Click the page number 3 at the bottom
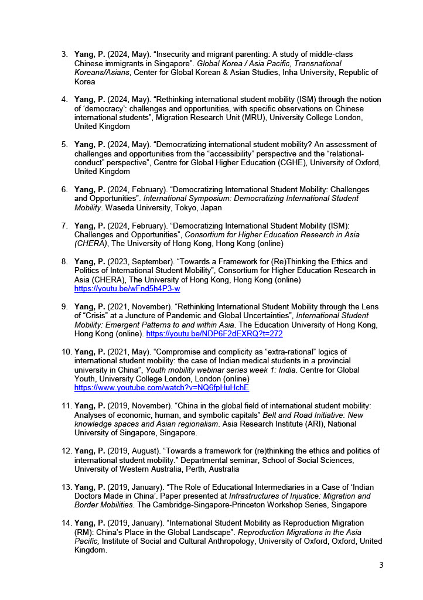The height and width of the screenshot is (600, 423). pyautogui.click(x=381, y=565)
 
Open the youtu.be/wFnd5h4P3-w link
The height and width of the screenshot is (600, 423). pyautogui.click(x=127, y=289)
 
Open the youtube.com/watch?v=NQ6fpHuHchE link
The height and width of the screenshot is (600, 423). pyautogui.click(x=162, y=388)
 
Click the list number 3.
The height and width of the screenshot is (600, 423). pyautogui.click(x=64, y=54)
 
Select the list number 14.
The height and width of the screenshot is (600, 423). pyautogui.click(x=66, y=523)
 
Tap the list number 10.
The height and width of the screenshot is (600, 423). pyautogui.click(x=66, y=352)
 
